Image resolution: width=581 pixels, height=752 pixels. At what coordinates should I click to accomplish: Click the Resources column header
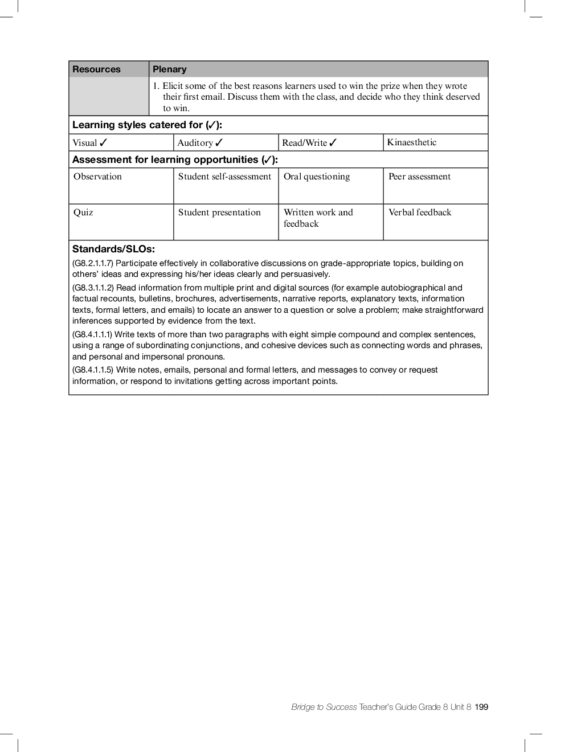96,70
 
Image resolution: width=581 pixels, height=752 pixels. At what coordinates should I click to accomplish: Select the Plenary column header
169,70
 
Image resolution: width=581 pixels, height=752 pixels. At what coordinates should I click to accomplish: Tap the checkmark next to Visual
103,142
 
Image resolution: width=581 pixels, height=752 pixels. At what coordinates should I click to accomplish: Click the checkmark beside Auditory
219,142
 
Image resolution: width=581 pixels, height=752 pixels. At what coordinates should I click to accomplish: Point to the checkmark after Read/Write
333,142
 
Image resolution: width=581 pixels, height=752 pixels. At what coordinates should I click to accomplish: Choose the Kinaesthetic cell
412,142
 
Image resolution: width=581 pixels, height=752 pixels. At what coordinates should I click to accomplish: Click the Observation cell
97,177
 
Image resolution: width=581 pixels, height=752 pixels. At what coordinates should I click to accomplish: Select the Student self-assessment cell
224,177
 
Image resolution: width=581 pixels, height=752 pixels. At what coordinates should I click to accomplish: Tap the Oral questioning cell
317,177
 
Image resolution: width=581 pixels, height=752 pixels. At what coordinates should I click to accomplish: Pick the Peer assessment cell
419,177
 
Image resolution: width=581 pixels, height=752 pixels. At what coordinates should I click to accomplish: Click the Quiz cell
83,212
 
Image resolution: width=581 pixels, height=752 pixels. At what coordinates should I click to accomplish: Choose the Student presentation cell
219,212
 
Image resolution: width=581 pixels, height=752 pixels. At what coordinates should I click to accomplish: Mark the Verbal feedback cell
420,212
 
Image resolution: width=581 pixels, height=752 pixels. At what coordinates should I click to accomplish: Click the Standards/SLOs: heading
113,249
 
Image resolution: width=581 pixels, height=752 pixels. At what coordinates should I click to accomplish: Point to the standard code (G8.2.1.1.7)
93,263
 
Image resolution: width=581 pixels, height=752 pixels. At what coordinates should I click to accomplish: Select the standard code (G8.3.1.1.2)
93,288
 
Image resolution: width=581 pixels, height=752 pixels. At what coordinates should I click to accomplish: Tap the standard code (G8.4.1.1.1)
92,334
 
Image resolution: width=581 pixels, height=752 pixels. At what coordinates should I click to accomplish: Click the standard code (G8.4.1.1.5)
93,370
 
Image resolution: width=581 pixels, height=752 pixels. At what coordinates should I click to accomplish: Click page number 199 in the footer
482,707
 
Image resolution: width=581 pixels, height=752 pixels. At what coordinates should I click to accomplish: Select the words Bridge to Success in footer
324,707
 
